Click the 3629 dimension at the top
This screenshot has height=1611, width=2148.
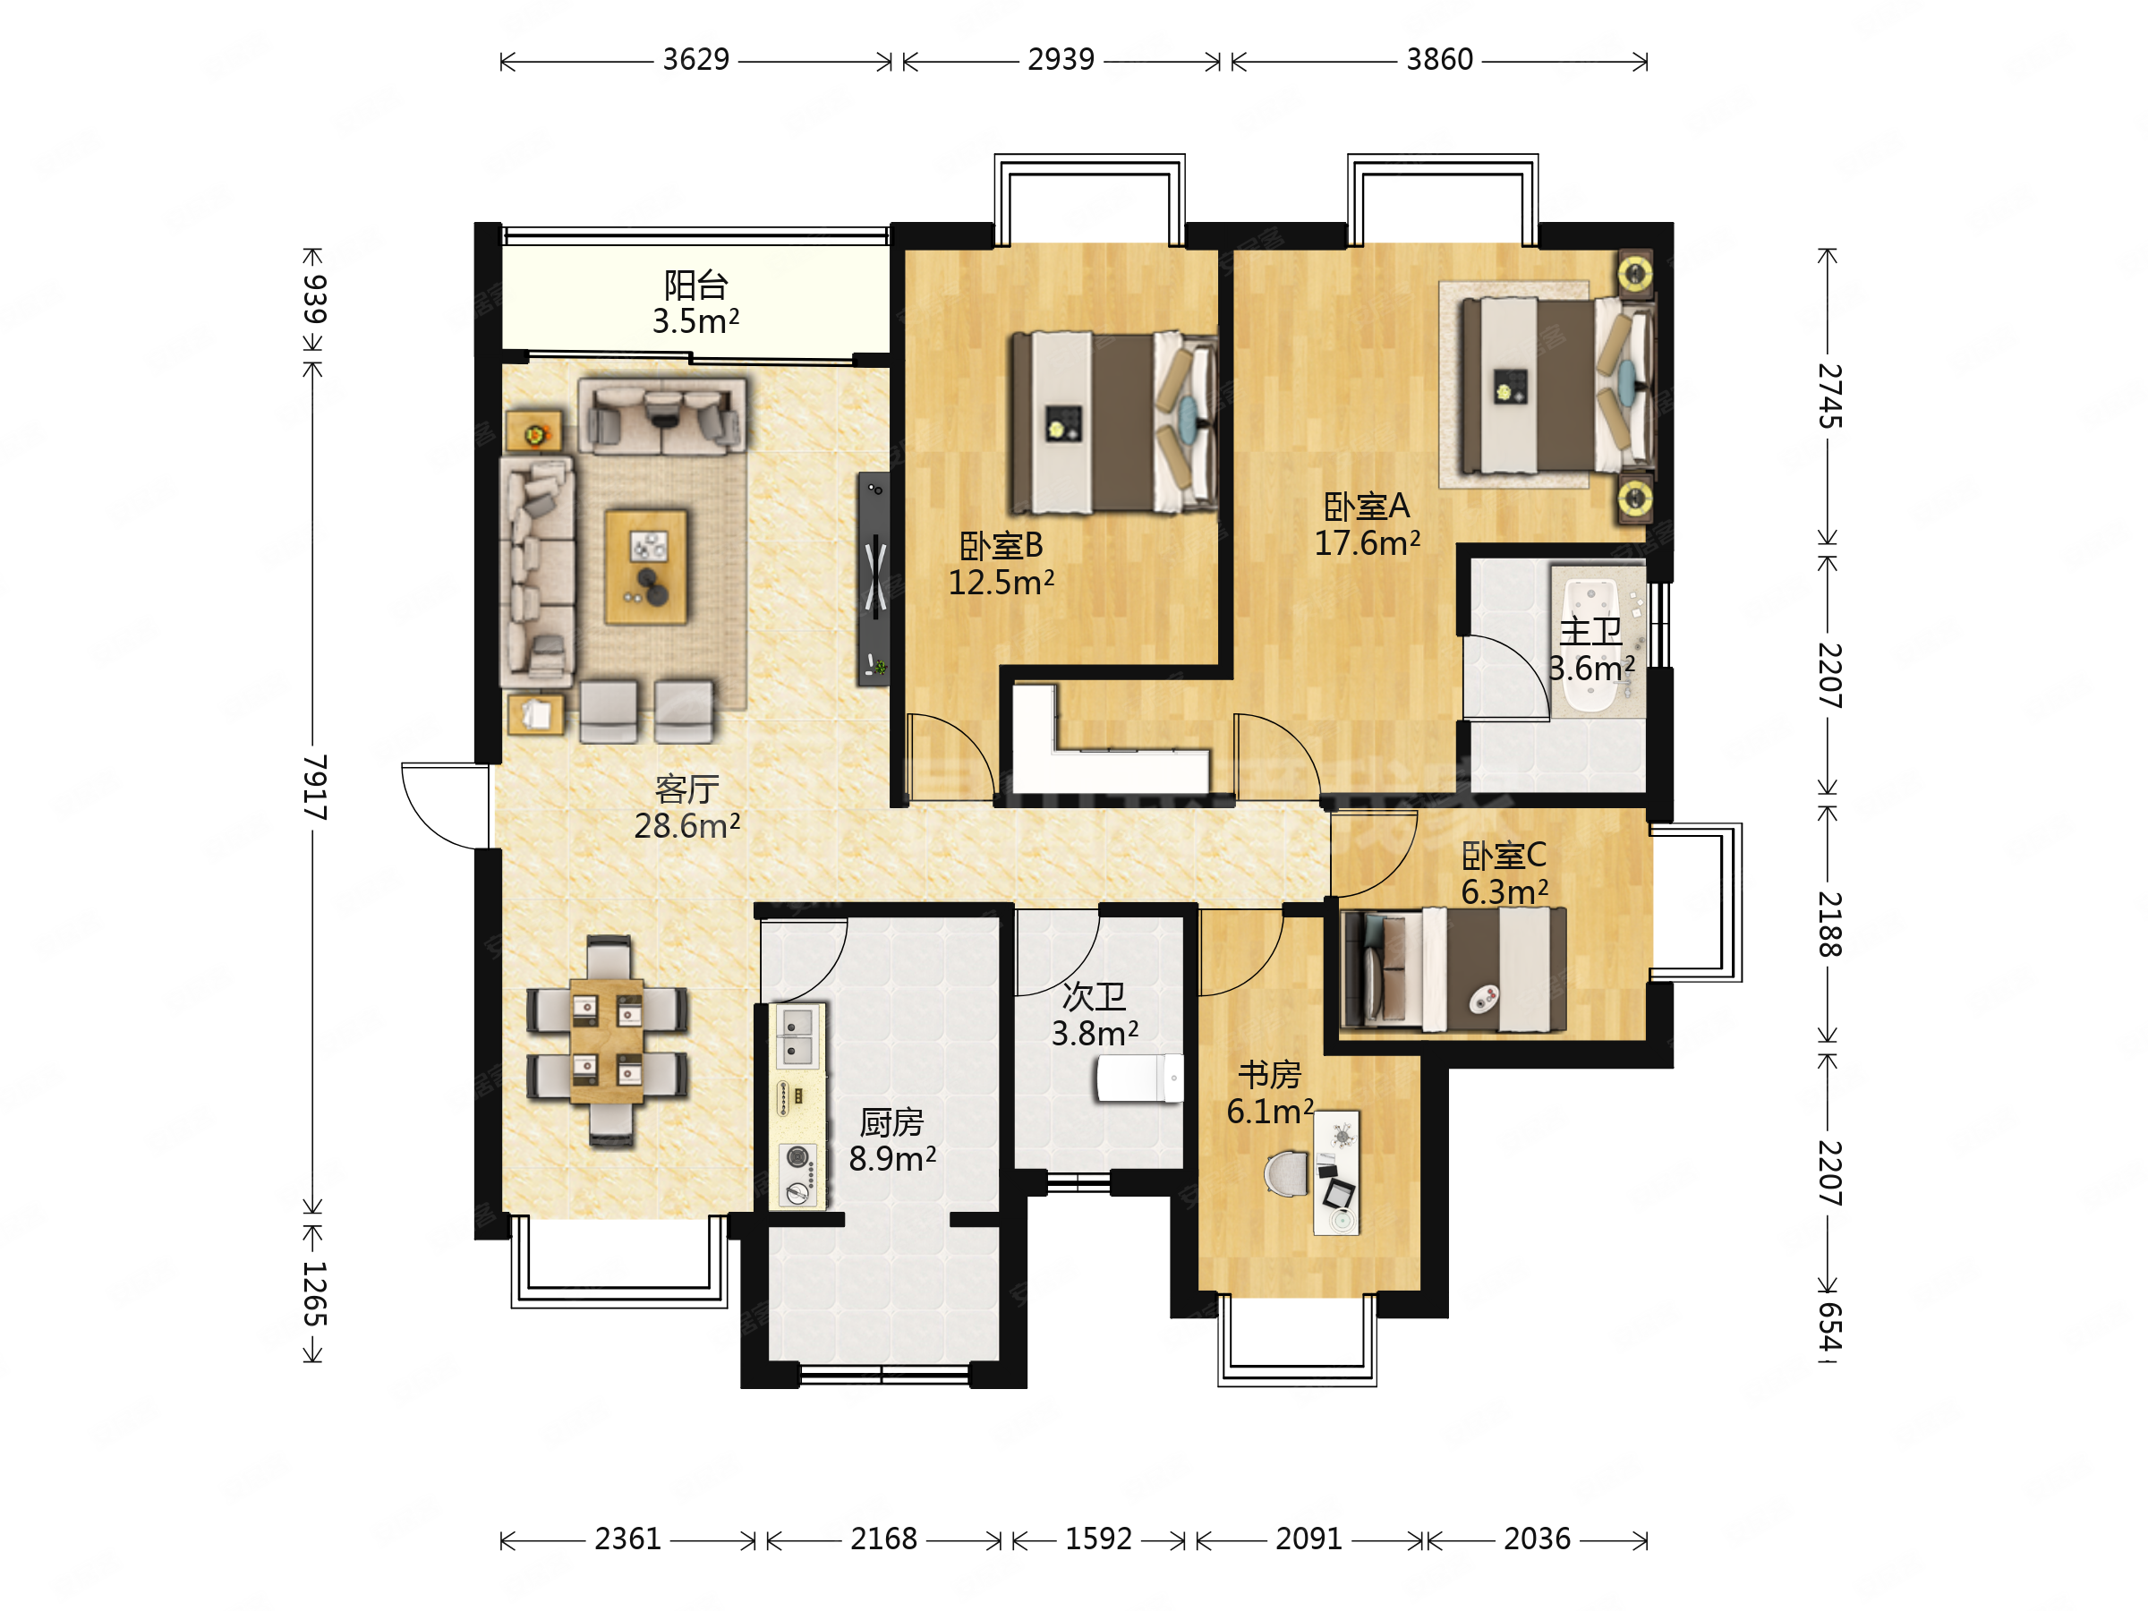point(695,60)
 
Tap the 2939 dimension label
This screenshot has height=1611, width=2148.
point(1061,60)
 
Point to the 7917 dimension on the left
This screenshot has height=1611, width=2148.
point(313,787)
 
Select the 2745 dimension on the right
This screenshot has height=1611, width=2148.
point(1829,396)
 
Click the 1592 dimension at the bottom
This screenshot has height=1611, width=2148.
point(1098,1539)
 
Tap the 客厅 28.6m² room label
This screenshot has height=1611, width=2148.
point(686,807)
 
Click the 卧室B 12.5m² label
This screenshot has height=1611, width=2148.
point(1002,564)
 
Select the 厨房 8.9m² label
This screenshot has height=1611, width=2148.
point(891,1140)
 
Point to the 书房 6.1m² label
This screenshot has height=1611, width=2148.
point(1270,1093)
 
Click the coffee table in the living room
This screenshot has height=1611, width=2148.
point(646,567)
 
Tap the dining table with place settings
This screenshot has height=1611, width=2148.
point(607,1042)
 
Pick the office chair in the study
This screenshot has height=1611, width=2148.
point(1288,1174)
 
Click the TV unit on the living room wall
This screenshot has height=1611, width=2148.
point(873,580)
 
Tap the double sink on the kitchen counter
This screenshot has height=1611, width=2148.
point(797,1036)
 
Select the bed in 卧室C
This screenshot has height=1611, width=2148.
point(1453,969)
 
